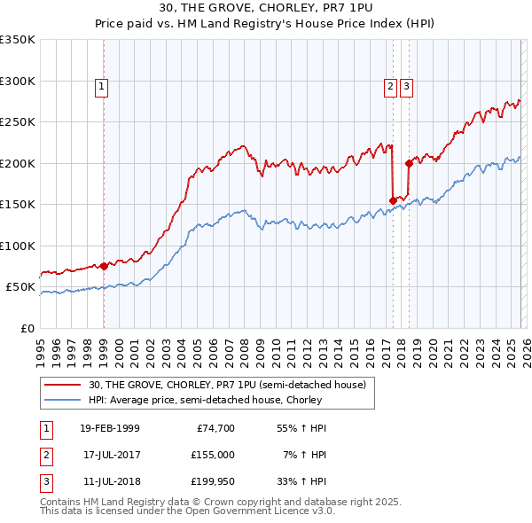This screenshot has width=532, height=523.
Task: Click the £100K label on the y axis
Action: [18, 246]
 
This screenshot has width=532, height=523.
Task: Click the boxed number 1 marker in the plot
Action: [103, 87]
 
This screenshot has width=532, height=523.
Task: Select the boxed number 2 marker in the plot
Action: [390, 87]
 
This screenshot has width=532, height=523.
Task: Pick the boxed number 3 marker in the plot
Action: [406, 87]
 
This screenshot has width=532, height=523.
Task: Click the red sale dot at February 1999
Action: [104, 266]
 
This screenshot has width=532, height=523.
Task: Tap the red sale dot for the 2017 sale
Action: [393, 200]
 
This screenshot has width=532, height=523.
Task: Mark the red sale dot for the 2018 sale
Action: [409, 163]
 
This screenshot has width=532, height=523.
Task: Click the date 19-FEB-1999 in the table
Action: [109, 428]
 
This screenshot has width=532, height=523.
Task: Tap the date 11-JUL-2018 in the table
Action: [109, 481]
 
